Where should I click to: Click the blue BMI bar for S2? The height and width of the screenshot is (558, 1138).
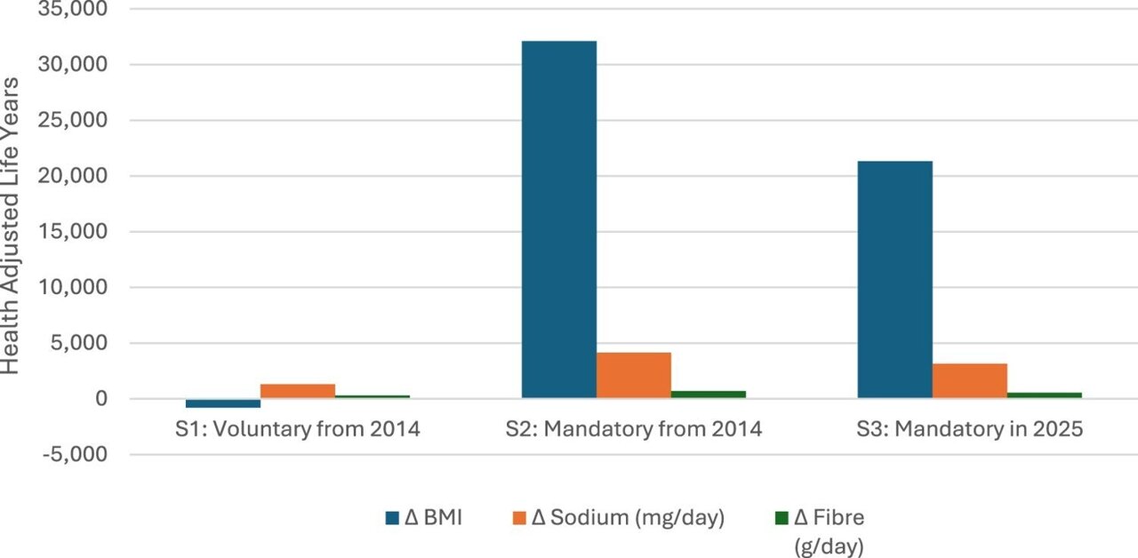558,219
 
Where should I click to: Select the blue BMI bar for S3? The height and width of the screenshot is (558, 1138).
894,279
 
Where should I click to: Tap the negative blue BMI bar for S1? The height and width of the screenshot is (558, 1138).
223,403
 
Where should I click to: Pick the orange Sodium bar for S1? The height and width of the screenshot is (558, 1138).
298,391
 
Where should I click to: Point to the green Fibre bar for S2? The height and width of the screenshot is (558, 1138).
708,395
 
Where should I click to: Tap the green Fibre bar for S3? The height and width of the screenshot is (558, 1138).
1044,395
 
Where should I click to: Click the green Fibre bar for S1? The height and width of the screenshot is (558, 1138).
373,396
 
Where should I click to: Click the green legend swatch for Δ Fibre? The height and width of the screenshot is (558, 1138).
781,517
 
